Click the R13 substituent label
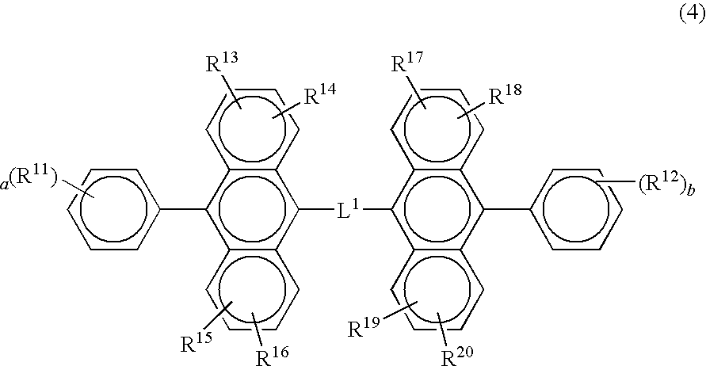click(x=222, y=63)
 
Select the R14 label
click(x=319, y=95)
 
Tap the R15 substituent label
click(x=197, y=342)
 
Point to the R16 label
click(x=273, y=356)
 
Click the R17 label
click(x=407, y=63)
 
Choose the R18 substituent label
click(x=506, y=95)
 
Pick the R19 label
click(x=364, y=328)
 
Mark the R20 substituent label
click(x=457, y=356)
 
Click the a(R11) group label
click(x=29, y=180)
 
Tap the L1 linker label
click(x=349, y=209)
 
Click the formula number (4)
click(x=692, y=15)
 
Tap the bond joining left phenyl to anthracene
click(x=183, y=209)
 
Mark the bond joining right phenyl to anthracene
click(x=507, y=209)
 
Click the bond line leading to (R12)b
click(x=616, y=181)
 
